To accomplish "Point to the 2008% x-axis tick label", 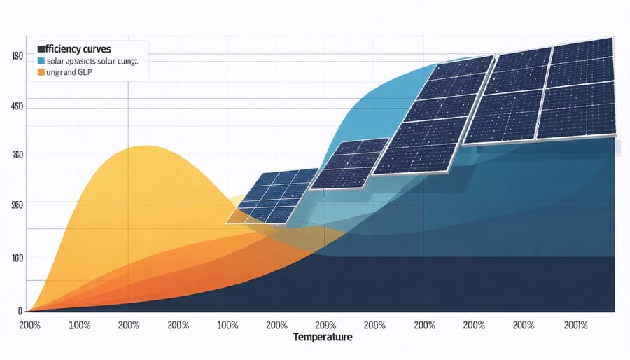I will coord(375,325).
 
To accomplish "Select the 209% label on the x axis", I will coord(325,325).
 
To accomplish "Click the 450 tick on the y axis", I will coord(17,106).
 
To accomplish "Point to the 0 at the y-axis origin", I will coord(20,310).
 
